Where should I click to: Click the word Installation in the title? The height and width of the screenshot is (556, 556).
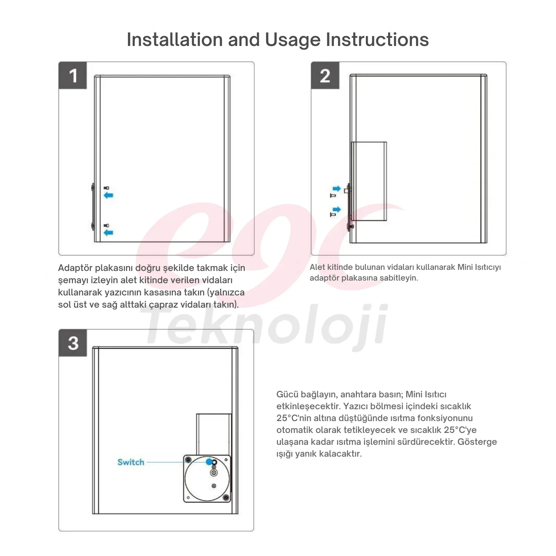click(x=175, y=39)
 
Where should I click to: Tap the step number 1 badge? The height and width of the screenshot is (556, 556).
click(x=73, y=76)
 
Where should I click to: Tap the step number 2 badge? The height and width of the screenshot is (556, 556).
click(x=325, y=76)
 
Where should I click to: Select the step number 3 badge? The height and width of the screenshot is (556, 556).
click(x=73, y=343)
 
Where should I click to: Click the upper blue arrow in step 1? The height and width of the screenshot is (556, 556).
click(x=108, y=195)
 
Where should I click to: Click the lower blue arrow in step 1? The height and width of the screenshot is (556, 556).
click(x=108, y=232)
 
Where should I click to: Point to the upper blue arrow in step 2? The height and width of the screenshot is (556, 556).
click(x=337, y=188)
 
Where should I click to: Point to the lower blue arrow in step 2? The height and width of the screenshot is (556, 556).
click(x=337, y=210)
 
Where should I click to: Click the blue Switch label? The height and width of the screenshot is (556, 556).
click(x=131, y=462)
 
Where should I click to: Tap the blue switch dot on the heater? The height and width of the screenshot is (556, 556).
click(x=209, y=462)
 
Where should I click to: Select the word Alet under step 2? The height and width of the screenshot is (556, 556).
click(x=317, y=267)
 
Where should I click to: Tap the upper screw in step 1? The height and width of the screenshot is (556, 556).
click(x=107, y=188)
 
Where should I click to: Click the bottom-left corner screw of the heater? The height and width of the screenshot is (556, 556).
click(x=188, y=498)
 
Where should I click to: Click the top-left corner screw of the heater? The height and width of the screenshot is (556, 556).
click(x=188, y=460)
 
